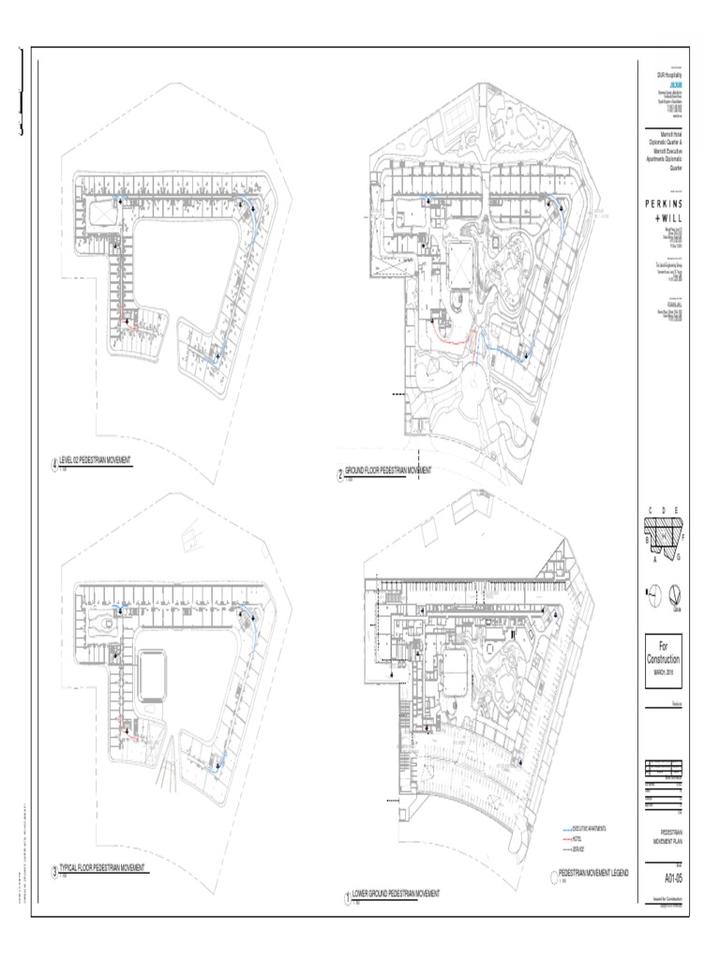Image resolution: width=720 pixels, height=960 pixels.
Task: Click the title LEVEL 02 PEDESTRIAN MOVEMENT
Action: (x=95, y=461)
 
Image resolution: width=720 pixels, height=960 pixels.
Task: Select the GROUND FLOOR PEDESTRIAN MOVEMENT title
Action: (x=388, y=470)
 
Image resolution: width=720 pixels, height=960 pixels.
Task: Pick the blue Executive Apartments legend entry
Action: (x=589, y=829)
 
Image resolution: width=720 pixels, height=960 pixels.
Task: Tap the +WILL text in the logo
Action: (x=668, y=218)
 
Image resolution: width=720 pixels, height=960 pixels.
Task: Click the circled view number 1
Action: (x=347, y=896)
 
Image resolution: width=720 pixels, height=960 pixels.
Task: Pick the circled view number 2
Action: (x=340, y=473)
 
